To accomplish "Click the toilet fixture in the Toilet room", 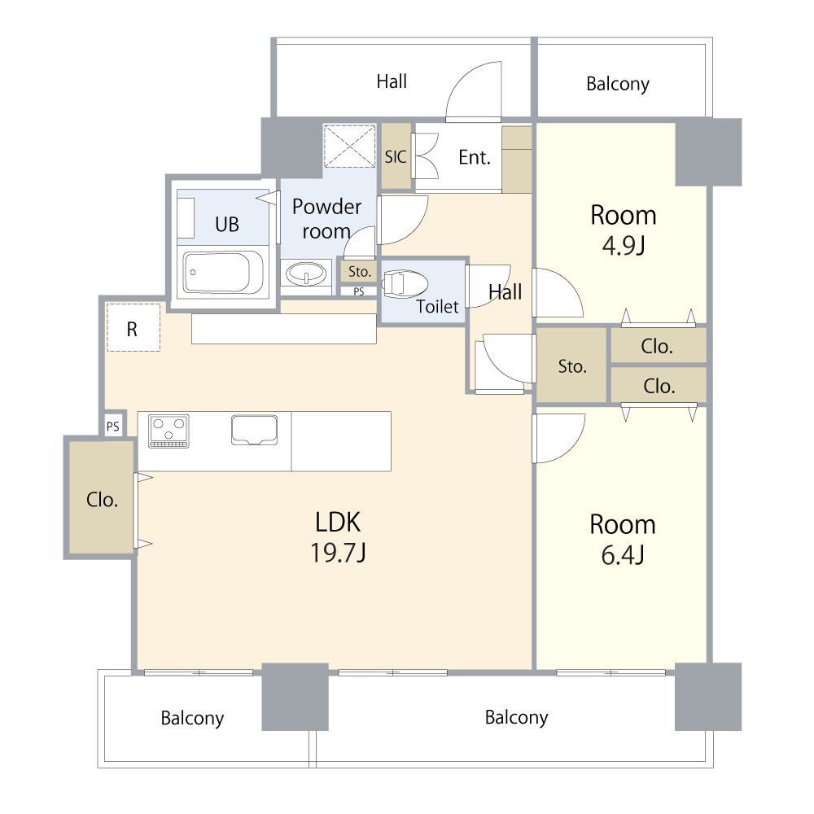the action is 405,283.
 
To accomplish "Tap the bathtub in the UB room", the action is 223,273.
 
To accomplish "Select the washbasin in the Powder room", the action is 306,273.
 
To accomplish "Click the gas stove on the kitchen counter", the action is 168,431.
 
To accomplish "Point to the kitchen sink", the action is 254,430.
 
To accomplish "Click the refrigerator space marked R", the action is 133,327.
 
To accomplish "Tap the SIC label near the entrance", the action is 396,157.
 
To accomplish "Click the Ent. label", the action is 475,157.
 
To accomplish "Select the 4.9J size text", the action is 624,245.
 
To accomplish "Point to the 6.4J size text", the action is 623,555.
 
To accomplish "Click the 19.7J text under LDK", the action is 338,553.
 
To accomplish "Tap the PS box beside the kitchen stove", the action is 113,427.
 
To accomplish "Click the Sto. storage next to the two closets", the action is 571,365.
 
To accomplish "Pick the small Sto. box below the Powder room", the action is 359,272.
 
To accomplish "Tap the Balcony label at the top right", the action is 618,84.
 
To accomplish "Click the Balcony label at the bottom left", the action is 192,718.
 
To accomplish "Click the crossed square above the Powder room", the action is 349,146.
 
